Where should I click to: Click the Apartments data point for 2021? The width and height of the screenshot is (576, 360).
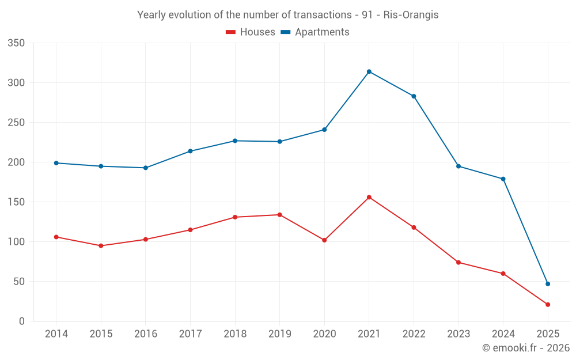369,71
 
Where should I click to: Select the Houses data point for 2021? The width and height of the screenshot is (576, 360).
369,197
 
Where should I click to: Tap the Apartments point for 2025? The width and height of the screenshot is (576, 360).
548,284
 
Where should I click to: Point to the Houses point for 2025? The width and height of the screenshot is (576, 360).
548,305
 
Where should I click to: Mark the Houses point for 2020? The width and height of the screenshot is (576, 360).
324,240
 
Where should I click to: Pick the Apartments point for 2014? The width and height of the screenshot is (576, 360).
56,163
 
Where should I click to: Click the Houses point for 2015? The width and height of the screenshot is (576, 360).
101,246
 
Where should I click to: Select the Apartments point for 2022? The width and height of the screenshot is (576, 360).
414,96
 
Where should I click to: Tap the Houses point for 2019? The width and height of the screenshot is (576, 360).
280,215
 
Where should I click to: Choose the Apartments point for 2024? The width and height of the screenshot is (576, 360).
503,179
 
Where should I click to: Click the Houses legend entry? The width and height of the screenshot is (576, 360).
251,32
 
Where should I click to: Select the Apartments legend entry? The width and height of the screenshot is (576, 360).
315,32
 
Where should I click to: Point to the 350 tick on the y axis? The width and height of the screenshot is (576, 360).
17,43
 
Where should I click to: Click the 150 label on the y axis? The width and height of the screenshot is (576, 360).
17,202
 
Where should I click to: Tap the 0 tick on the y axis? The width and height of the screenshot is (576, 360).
21,321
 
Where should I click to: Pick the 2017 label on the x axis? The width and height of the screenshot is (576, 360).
190,334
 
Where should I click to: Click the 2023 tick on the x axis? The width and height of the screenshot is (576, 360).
458,334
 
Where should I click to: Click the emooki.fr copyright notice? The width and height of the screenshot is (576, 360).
526,348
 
